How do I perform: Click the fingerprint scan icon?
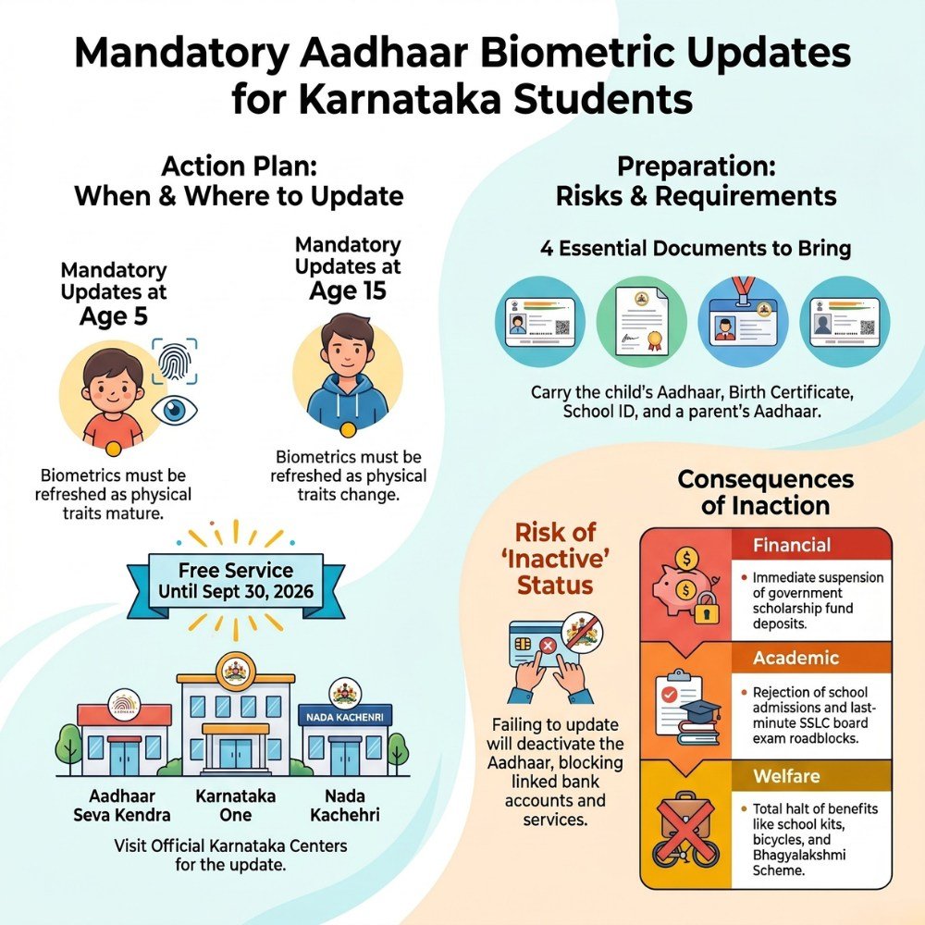click(175, 361)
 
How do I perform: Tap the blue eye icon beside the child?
click(174, 410)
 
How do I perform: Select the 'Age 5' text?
click(113, 316)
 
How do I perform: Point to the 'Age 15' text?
click(348, 290)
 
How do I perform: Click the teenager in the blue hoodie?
click(348, 373)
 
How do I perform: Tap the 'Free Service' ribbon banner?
click(236, 581)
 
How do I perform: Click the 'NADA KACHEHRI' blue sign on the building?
click(344, 718)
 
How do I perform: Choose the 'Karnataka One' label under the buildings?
click(235, 806)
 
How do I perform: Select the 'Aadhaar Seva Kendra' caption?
click(122, 806)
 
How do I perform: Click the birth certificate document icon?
click(641, 322)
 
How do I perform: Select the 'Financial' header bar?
click(810, 545)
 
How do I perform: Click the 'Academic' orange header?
click(810, 657)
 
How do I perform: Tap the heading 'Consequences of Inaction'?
click(766, 492)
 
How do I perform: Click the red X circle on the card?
click(548, 646)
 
